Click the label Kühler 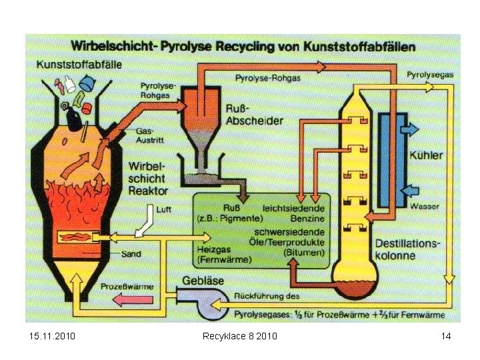[426, 155]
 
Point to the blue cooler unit [391, 159]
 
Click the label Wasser [424, 206]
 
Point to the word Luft [163, 209]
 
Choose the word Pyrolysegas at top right [430, 75]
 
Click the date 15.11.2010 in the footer [53, 335]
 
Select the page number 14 [445, 335]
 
